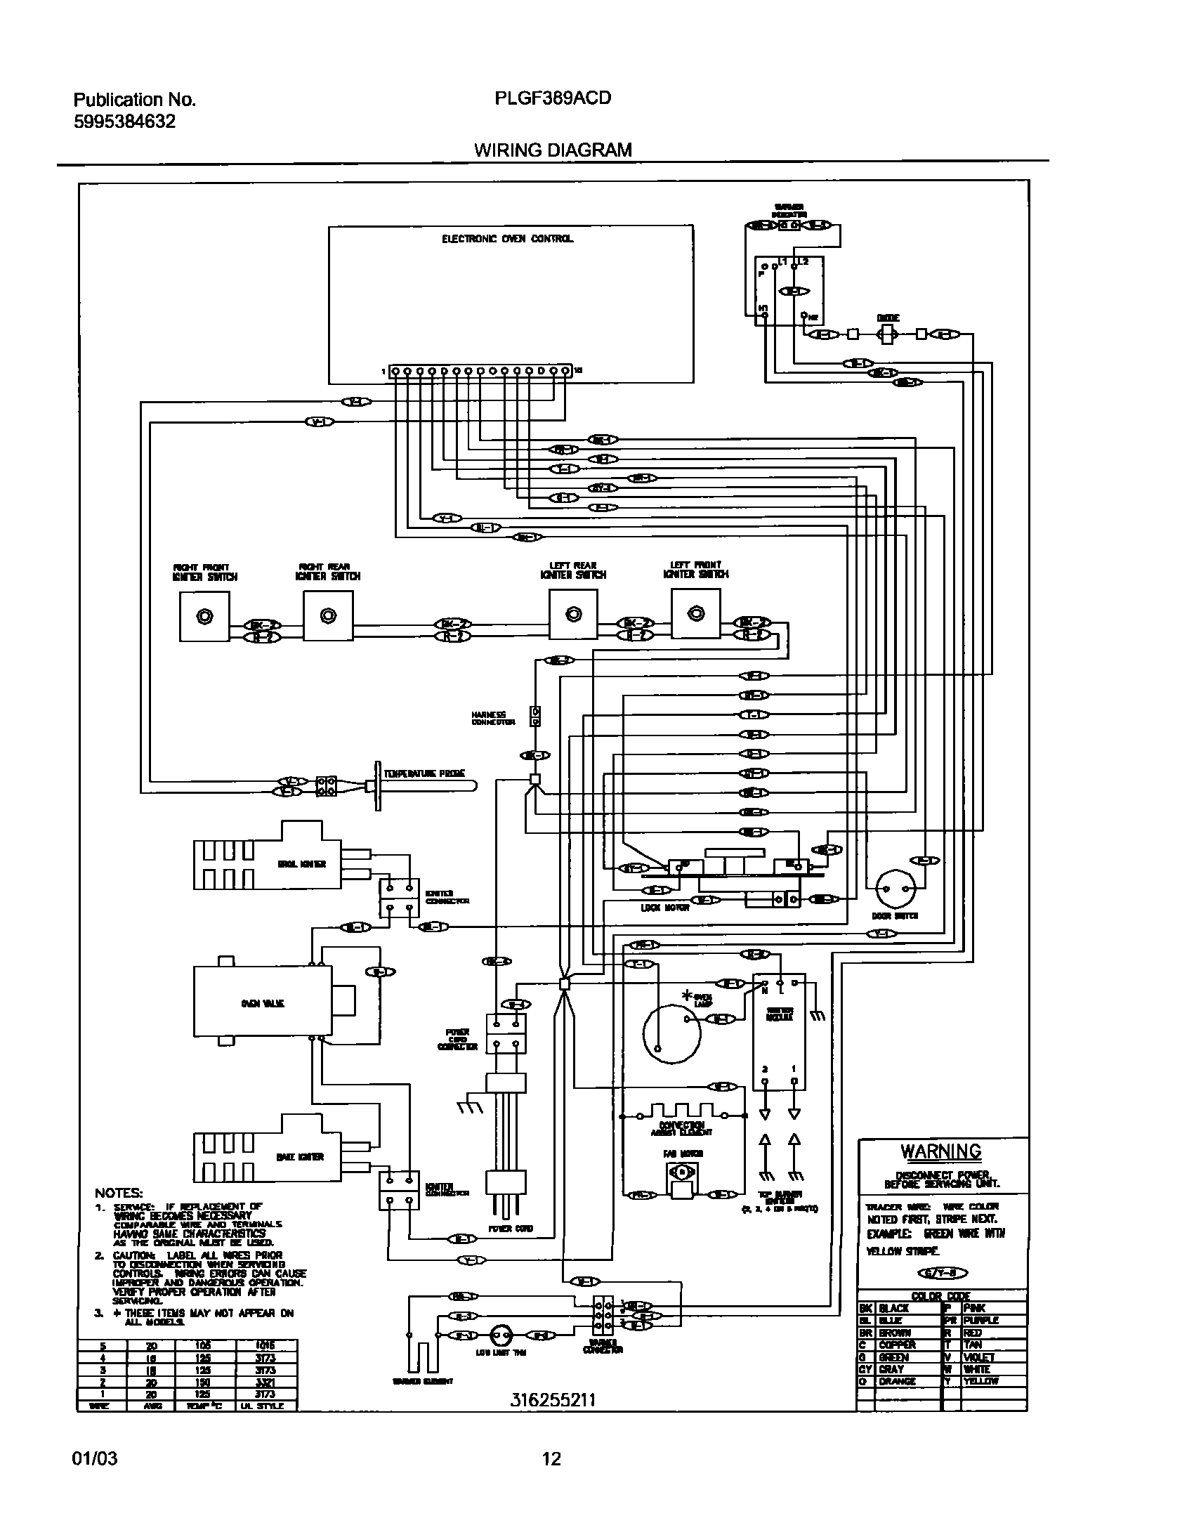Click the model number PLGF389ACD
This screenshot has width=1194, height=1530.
click(552, 98)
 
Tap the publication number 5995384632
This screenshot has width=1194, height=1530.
click(124, 122)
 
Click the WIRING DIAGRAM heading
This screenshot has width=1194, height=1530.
click(552, 150)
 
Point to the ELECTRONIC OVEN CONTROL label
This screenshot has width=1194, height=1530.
click(507, 239)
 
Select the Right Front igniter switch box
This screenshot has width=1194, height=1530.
click(204, 616)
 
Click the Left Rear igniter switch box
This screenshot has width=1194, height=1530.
click(573, 615)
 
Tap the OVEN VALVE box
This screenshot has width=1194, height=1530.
click(263, 1003)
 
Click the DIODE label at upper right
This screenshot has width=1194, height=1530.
click(888, 318)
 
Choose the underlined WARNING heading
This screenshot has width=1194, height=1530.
click(941, 1151)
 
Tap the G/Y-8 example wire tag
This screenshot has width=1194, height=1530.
click(943, 1273)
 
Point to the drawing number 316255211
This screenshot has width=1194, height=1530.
click(552, 1400)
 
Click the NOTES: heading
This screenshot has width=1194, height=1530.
click(119, 1193)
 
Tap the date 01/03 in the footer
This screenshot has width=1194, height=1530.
click(95, 1459)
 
